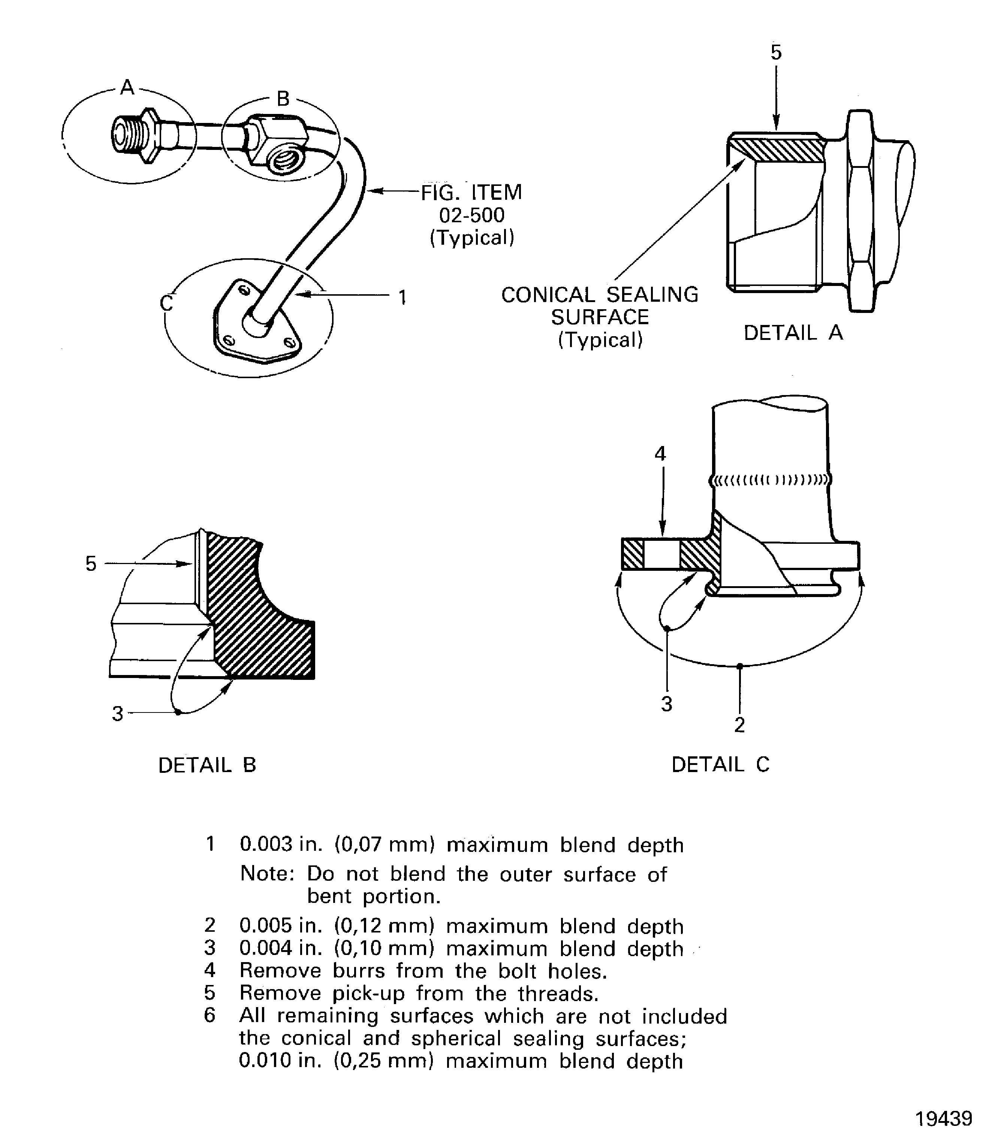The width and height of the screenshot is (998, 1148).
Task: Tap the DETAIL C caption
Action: coord(720,764)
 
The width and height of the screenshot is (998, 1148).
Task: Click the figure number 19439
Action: coord(943,1118)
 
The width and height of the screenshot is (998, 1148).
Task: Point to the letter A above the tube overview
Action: coord(127,87)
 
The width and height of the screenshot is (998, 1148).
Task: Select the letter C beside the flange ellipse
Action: coord(166,303)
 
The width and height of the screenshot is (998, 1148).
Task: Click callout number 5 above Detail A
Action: coord(776,52)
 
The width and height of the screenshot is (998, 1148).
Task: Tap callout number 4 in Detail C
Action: coord(660,454)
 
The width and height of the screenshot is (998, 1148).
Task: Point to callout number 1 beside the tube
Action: coord(402,298)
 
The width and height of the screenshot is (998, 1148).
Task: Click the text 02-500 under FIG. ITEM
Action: coord(472,215)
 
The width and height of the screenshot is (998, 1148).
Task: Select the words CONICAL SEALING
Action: coord(599,295)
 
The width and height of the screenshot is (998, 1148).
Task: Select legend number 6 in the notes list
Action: coord(209,1015)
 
